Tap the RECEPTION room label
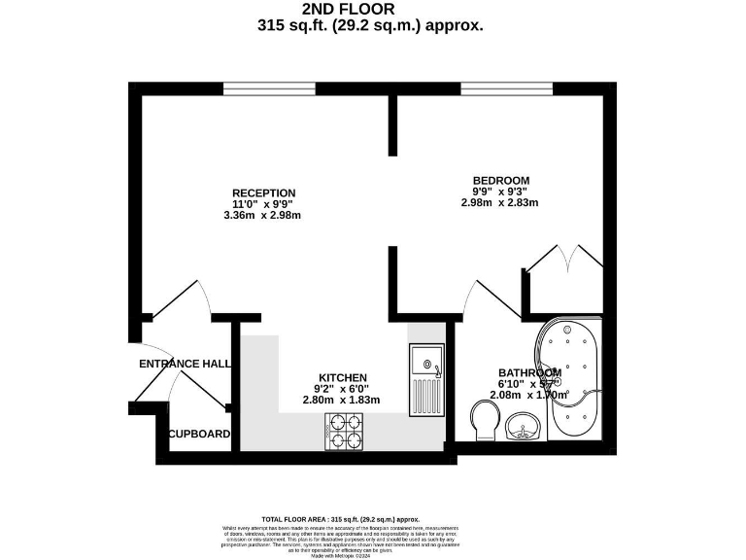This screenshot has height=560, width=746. tap(264, 192)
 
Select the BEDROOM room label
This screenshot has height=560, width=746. tap(500, 180)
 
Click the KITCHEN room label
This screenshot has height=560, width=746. tap(343, 377)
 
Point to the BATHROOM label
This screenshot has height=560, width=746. tap(529, 372)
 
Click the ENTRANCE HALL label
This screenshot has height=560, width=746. tap(185, 364)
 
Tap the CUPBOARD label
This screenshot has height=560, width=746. tap(199, 434)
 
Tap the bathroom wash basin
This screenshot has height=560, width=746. tap(524, 425)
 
